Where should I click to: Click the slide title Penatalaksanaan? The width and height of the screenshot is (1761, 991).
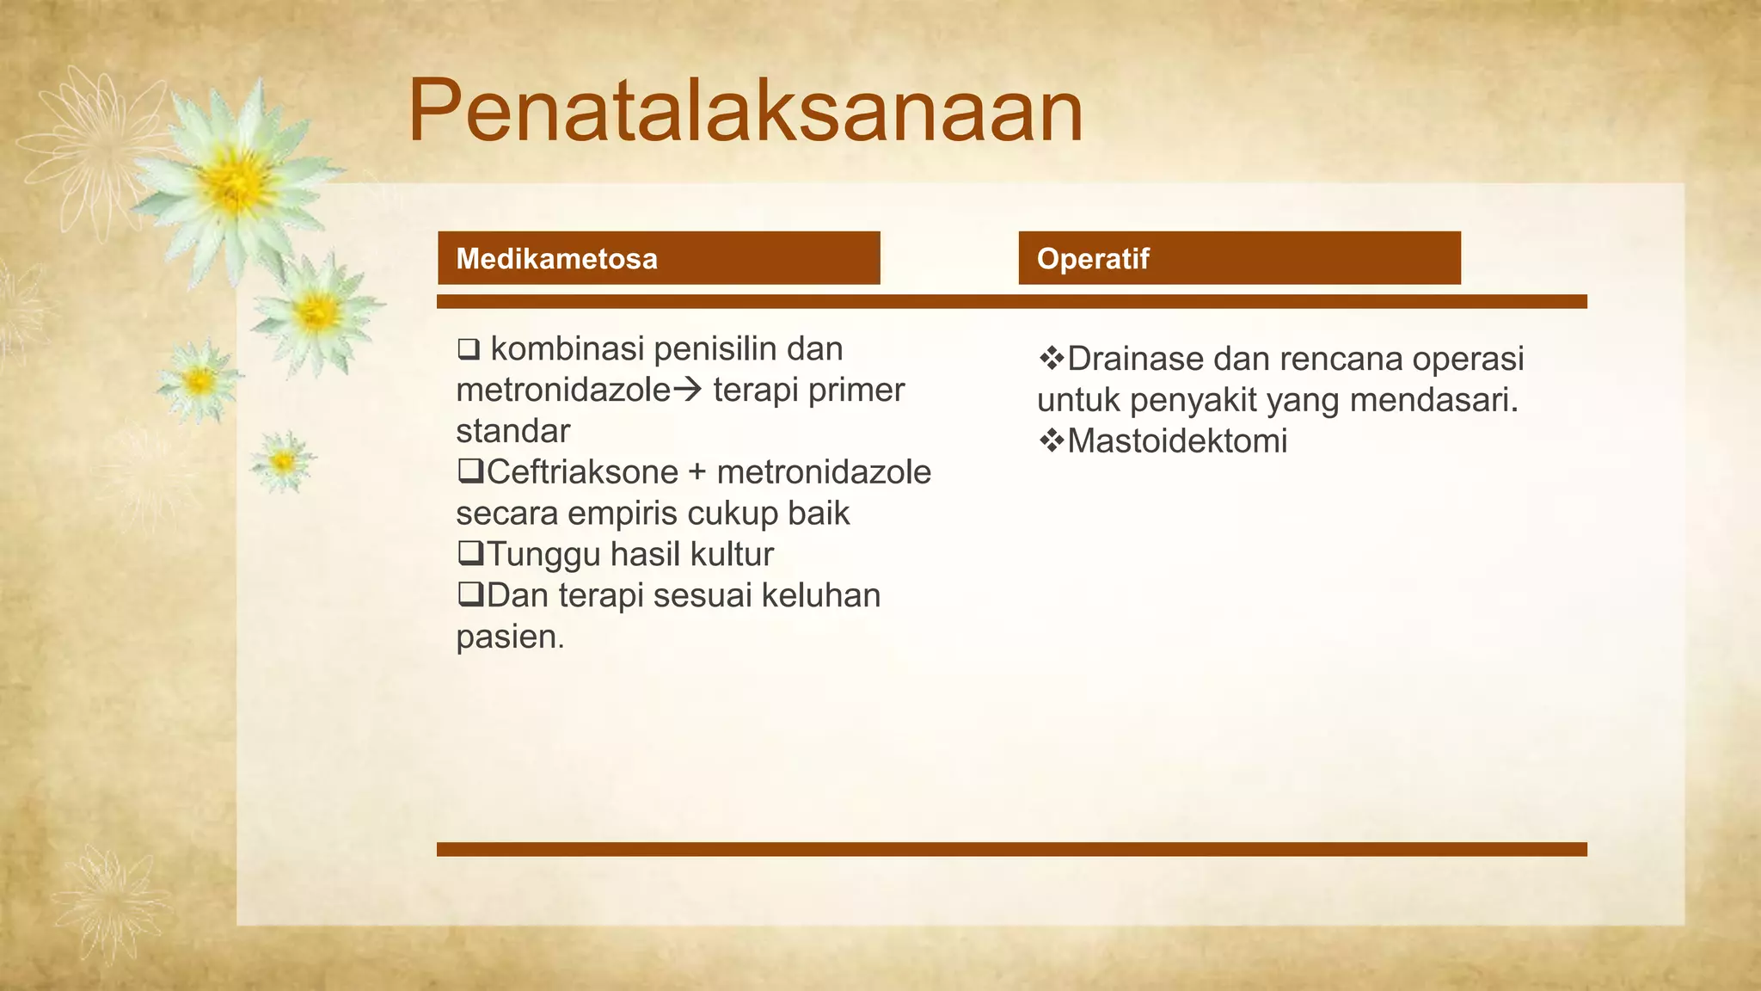click(745, 112)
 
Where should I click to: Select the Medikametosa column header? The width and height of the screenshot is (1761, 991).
click(556, 259)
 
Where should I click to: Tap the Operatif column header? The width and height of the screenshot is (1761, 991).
click(1092, 259)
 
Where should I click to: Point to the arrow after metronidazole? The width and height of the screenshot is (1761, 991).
click(687, 391)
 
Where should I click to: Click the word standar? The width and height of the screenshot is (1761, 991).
click(512, 431)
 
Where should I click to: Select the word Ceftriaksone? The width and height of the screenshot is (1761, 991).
click(582, 472)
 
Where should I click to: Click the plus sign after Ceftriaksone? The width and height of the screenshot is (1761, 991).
click(696, 472)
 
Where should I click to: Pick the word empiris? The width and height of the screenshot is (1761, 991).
click(623, 514)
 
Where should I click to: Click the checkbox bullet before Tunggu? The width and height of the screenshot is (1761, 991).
click(469, 553)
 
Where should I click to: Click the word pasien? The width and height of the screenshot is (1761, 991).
click(510, 637)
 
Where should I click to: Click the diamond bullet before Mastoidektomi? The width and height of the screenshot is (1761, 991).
click(1052, 441)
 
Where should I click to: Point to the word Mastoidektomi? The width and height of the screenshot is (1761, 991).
click(1177, 441)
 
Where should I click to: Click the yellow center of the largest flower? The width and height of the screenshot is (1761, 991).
click(235, 182)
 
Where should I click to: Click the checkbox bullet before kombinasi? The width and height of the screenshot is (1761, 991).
click(469, 349)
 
